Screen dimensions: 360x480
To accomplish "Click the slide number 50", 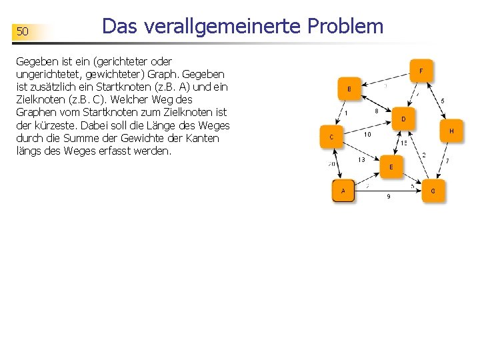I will click(23, 31).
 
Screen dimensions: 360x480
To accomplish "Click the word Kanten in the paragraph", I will click(203, 138).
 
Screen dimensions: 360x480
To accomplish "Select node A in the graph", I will click(343, 191).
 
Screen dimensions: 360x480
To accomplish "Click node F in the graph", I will click(421, 70).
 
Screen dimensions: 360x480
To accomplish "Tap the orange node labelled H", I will click(451, 131).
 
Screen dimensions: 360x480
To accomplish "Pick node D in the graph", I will click(403, 119).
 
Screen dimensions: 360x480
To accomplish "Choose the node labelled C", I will click(331, 137).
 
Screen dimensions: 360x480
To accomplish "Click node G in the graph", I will click(433, 191).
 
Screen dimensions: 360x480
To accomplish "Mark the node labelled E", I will click(391, 167).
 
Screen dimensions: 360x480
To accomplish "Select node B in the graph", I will click(349, 89).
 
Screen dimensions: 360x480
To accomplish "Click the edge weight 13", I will click(361, 159).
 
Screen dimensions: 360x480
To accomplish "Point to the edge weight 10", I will click(367, 134).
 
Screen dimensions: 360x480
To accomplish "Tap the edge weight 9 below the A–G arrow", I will click(389, 197).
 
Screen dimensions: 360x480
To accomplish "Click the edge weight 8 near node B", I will click(377, 111).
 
